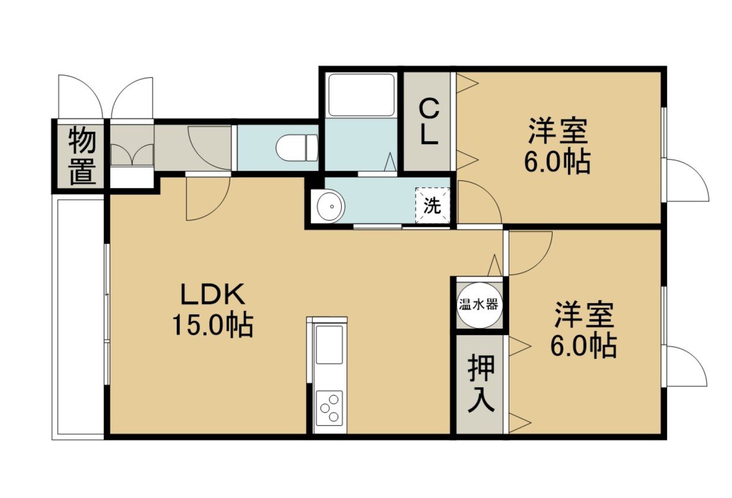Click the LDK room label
[213, 294]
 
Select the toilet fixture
[297, 148]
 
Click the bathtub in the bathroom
[362, 95]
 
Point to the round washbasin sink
[331, 206]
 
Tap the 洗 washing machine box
[432, 206]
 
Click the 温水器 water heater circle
[480, 305]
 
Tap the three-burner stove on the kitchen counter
[329, 408]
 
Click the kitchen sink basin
[329, 345]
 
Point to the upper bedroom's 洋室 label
[558, 131]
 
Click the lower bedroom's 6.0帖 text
[584, 346]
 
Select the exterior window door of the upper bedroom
[685, 180]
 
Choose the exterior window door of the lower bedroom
[685, 366]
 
